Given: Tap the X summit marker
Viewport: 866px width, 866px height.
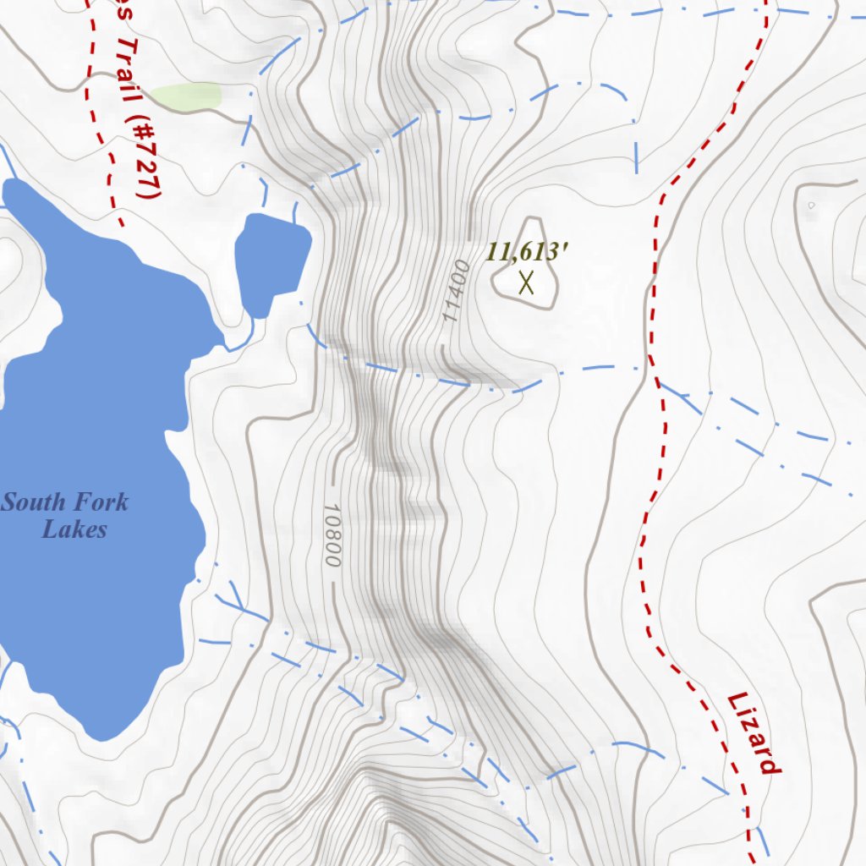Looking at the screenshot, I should click(526, 282).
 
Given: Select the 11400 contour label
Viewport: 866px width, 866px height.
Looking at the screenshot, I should click(455, 291).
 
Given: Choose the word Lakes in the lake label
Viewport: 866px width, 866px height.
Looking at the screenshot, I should click(74, 530).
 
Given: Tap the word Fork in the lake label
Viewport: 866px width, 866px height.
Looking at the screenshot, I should click(100, 502).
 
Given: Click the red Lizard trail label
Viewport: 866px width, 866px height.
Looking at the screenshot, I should click(753, 732).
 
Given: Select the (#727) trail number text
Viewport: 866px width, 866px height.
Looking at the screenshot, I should click(145, 157).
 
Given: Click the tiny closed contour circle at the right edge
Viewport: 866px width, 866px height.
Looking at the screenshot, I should click(811, 205).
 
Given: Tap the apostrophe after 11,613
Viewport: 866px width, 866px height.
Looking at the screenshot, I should click(565, 248).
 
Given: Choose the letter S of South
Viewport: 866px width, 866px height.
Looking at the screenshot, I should click(10, 502).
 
